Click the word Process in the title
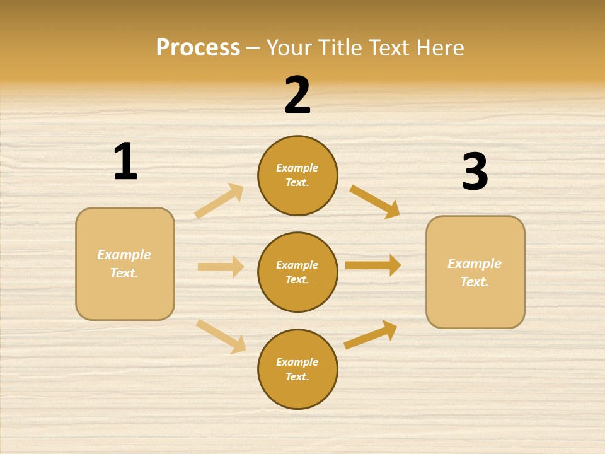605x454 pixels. [198, 47]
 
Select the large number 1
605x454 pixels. [125, 161]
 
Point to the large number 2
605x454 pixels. [297, 95]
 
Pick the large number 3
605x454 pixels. [475, 172]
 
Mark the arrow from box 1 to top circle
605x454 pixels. [219, 201]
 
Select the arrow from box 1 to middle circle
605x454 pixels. [221, 267]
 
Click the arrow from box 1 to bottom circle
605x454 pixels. [221, 336]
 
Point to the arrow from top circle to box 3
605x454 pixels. [374, 201]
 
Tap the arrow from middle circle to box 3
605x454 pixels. [373, 265]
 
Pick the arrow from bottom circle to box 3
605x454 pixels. [371, 335]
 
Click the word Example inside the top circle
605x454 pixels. [297, 168]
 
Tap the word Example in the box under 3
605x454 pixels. [475, 264]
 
